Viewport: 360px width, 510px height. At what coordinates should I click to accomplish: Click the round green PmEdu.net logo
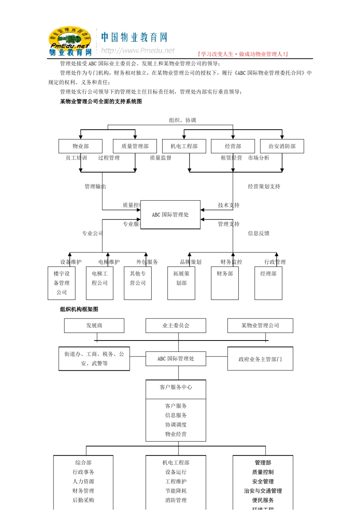point(70,39)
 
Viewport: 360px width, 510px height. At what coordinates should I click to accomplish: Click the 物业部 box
point(80,146)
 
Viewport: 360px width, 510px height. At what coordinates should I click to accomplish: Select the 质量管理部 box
point(135,146)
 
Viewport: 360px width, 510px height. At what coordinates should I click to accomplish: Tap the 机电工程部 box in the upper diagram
point(184,146)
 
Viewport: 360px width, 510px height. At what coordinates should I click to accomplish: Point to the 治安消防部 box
point(282,146)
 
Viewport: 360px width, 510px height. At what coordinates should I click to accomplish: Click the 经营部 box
point(233,146)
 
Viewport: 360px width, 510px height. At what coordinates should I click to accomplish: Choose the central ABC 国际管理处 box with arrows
point(170,215)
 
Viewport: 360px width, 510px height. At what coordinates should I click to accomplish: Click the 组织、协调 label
point(182,120)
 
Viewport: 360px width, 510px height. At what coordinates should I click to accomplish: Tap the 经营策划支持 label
point(264,187)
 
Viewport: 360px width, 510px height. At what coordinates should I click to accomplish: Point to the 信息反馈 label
point(258,234)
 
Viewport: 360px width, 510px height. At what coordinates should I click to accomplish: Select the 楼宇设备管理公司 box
point(61,283)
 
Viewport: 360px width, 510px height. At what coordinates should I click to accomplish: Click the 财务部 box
point(225,283)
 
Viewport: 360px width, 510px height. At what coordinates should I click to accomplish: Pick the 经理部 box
point(268,283)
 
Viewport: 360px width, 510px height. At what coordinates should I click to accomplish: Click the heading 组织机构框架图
point(79,309)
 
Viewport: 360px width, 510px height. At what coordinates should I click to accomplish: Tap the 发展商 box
point(94,325)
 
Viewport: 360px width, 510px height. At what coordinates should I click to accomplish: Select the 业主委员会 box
point(176,325)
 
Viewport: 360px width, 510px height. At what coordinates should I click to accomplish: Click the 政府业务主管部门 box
point(260,359)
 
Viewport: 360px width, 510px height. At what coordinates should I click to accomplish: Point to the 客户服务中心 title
point(176,387)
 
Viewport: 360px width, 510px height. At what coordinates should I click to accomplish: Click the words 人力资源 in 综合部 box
point(83,482)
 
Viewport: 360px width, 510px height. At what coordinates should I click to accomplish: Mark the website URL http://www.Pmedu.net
point(138,51)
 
